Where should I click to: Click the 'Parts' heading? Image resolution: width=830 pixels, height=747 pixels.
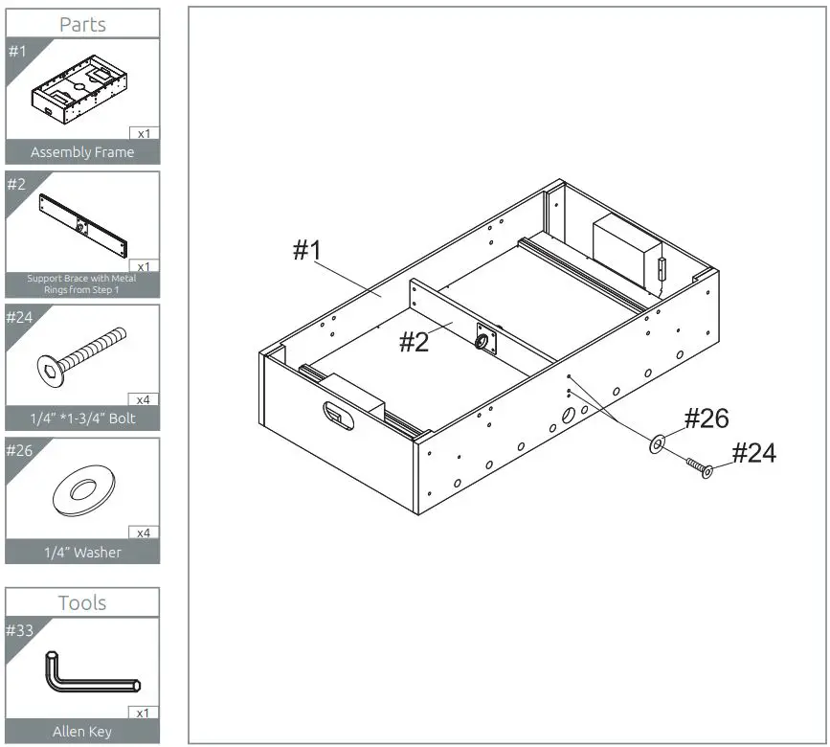[x=82, y=24]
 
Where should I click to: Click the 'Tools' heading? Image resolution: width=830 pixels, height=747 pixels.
[x=82, y=602]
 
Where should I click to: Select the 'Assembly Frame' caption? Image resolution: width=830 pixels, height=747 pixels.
[x=82, y=152]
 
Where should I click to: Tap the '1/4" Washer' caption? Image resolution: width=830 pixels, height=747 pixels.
[x=82, y=553]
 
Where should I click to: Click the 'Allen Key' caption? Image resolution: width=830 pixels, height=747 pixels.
[x=82, y=732]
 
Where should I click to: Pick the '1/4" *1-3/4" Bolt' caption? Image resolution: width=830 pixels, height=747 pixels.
[x=82, y=419]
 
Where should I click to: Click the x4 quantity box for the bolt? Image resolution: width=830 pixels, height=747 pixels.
[x=144, y=399]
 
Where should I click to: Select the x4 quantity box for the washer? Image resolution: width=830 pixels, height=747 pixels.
[x=144, y=532]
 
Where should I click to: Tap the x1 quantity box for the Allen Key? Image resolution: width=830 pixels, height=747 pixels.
[x=144, y=713]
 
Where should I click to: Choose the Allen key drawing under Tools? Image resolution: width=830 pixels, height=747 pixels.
[x=90, y=672]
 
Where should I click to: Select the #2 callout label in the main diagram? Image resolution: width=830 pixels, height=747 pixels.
[x=415, y=342]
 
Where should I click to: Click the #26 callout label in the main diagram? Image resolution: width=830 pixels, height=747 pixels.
[x=707, y=419]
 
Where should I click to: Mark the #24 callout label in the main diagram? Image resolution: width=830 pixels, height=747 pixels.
[x=754, y=453]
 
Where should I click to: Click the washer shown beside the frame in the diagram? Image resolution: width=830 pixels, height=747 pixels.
[x=659, y=443]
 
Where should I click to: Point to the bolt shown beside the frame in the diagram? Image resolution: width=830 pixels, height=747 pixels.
[x=698, y=468]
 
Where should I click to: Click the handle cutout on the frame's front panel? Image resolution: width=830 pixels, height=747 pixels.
[x=336, y=414]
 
